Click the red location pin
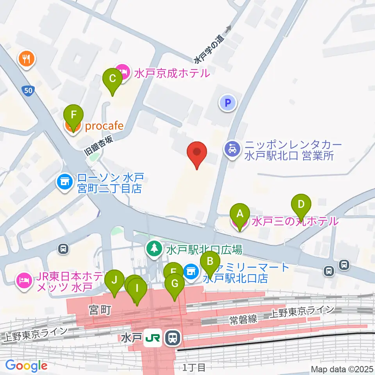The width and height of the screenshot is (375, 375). coord(197,153)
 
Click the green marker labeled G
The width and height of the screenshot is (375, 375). coord(174,286)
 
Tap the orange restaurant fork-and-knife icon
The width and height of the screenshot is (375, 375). coord(27,59)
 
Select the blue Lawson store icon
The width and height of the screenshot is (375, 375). coord(65,181)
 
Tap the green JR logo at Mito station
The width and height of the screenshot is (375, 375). coord(152,337)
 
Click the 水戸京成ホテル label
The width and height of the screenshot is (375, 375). coord(172,73)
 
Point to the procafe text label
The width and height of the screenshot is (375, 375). coord(104,126)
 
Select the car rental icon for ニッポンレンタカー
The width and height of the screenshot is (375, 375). coord(232,150)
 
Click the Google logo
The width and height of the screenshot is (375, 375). coord(27,366)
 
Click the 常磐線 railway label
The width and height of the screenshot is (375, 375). coord(243,319)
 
